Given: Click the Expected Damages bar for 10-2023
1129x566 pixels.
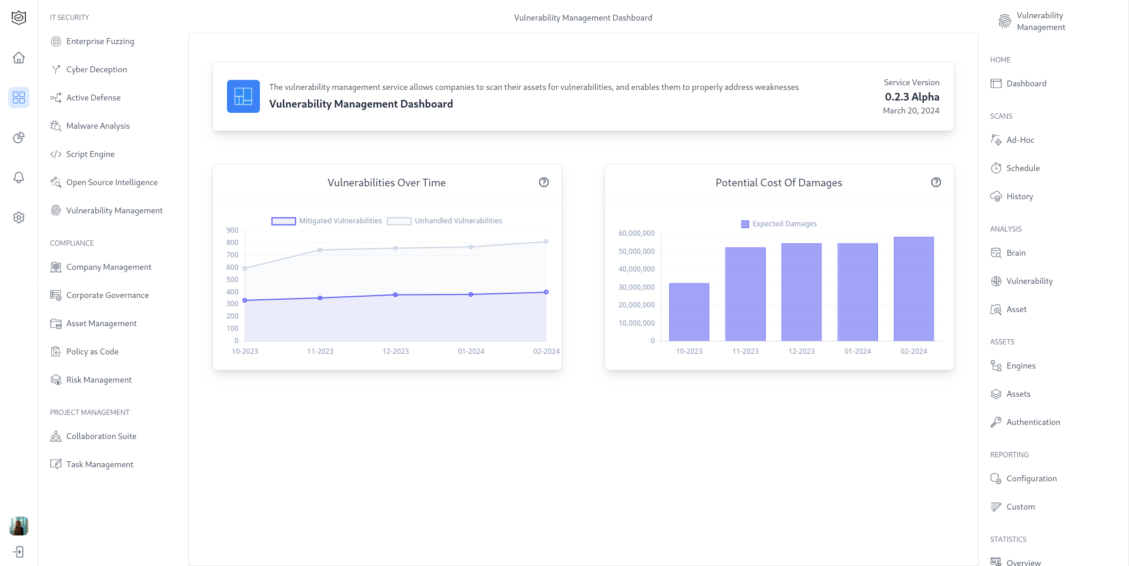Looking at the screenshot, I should [x=689, y=312].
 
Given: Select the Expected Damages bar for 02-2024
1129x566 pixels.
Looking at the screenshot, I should [x=914, y=289].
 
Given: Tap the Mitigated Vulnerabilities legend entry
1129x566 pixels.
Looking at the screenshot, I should [x=326, y=221].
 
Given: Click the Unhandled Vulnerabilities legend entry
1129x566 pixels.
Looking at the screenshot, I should [x=445, y=221].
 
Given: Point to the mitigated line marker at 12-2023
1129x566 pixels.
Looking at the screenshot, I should [x=396, y=295].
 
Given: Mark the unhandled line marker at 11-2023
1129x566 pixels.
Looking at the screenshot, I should [x=320, y=250].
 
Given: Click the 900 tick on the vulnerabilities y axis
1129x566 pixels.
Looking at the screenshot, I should [x=232, y=230].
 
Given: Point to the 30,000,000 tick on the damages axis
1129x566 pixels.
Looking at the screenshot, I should [x=636, y=287].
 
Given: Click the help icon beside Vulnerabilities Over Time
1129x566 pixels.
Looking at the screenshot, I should [x=544, y=182].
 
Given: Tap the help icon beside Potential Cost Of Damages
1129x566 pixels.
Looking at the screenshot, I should [x=936, y=182].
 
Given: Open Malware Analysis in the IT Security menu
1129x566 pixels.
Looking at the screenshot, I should [x=98, y=126].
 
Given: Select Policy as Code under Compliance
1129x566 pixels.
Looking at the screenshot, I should [x=92, y=351].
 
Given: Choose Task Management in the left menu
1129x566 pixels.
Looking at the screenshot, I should [x=99, y=464].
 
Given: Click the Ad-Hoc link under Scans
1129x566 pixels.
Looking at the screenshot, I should [x=1020, y=140].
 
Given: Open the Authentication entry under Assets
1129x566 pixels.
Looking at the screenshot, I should [x=1033, y=422].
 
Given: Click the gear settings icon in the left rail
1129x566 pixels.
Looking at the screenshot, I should [x=19, y=217].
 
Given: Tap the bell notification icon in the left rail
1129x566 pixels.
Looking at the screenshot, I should [x=19, y=177].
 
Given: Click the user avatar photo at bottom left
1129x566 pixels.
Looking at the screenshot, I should [x=19, y=526].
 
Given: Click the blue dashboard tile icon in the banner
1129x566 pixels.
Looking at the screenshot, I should [x=243, y=96].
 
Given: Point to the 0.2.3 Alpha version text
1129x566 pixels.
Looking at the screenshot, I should [x=911, y=97].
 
